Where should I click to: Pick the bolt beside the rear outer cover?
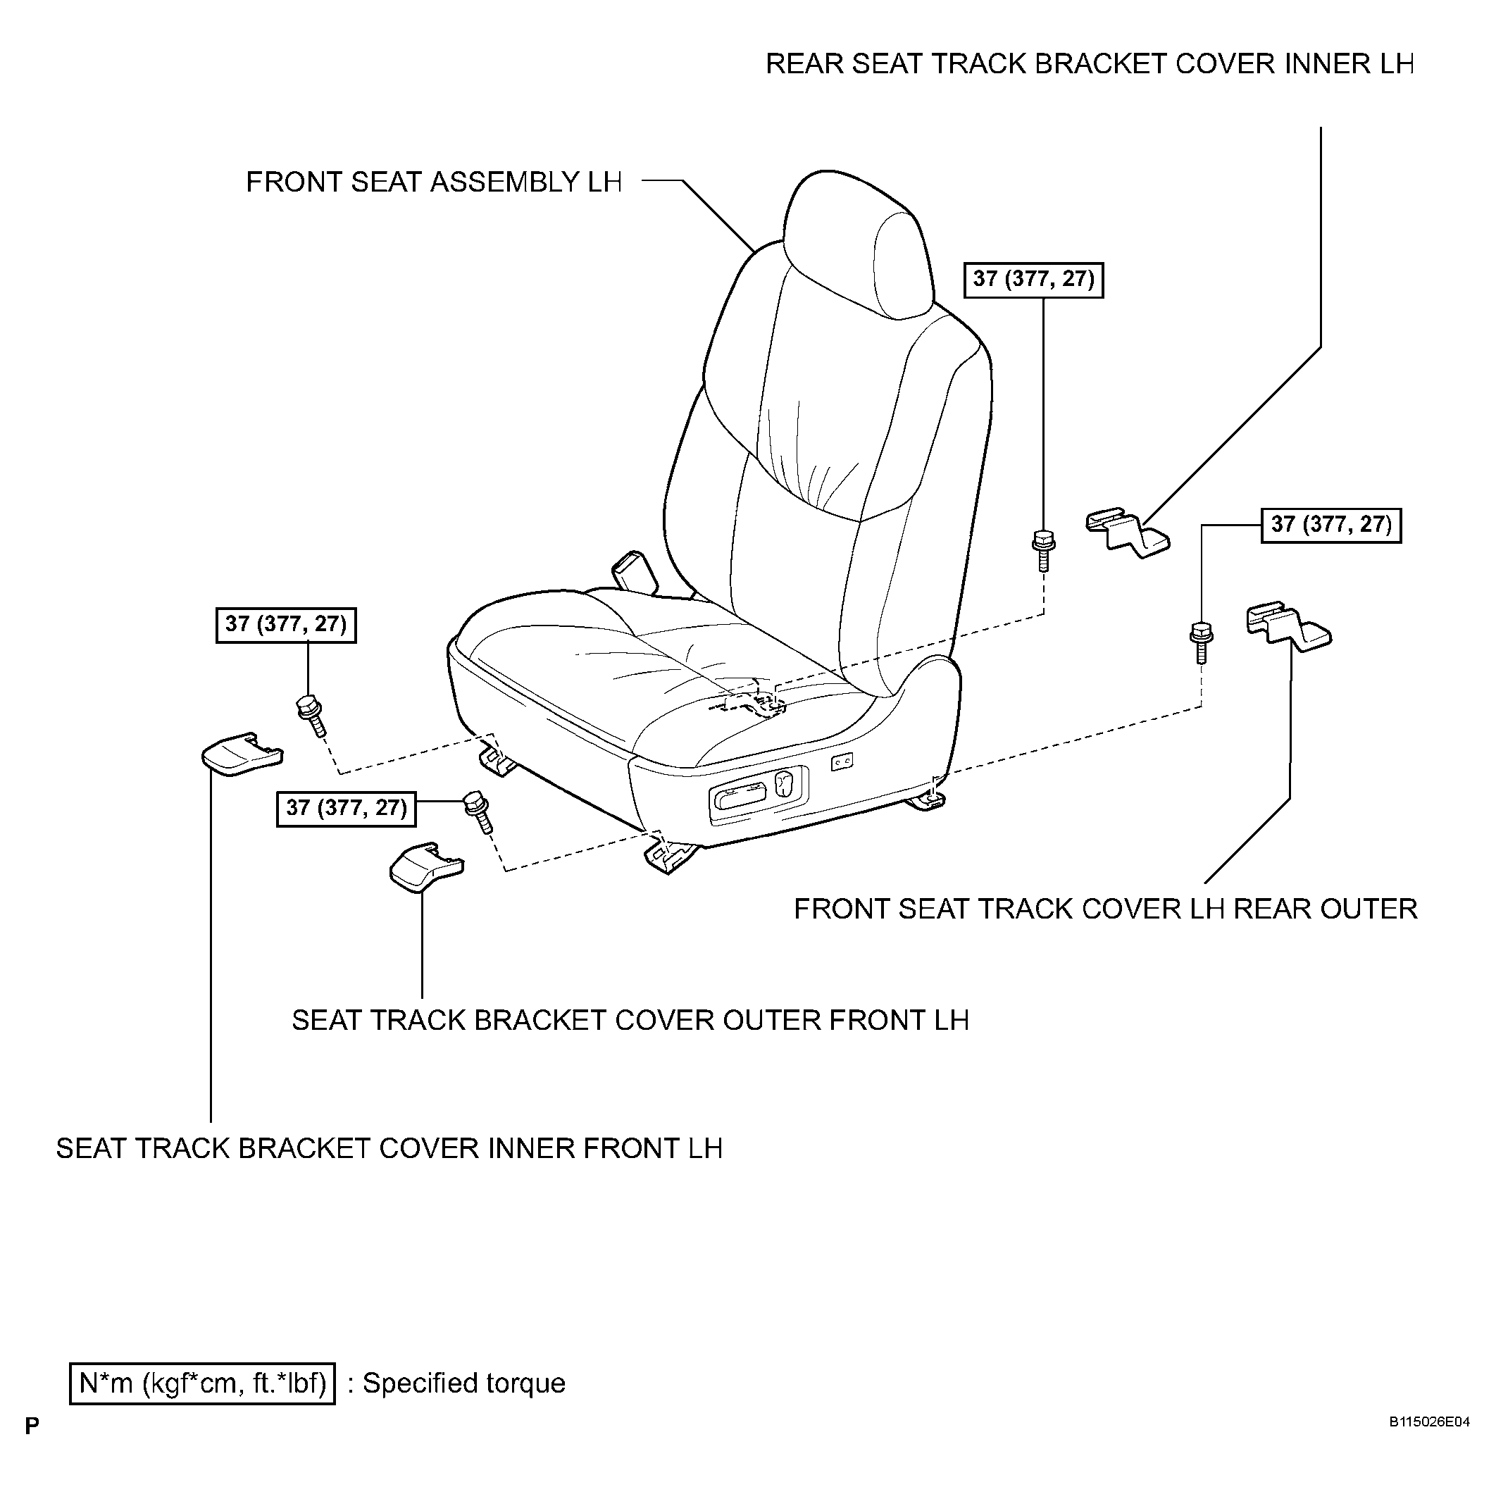click(x=1200, y=641)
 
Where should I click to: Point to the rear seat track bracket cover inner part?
click(x=1127, y=532)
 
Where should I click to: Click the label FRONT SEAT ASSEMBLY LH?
click(x=434, y=182)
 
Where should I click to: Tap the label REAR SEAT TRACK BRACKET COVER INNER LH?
click(x=1090, y=63)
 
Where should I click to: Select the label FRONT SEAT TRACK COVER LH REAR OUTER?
click(x=1106, y=909)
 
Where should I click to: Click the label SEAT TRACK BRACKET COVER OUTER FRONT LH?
click(x=630, y=1020)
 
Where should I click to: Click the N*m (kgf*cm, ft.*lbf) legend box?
click(x=203, y=1383)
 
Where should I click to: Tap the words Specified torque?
click(x=464, y=1383)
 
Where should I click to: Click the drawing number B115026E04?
click(x=1428, y=1443)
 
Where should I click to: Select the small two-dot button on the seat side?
click(x=842, y=763)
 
